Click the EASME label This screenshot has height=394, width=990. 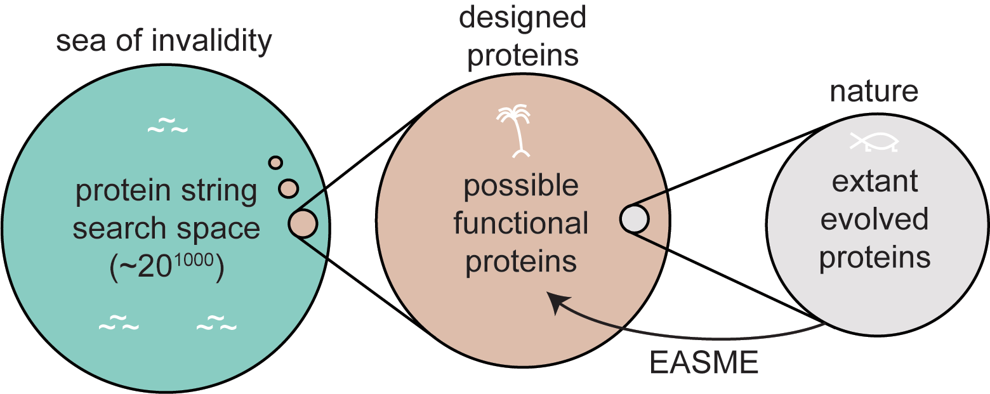[704, 364]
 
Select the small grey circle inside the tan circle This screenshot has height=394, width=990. [634, 219]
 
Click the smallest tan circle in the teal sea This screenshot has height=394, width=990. [275, 162]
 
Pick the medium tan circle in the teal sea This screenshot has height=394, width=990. [289, 188]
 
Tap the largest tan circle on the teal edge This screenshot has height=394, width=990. [303, 223]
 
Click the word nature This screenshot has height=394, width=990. [874, 92]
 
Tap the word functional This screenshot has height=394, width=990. [521, 224]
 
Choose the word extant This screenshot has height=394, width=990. [874, 182]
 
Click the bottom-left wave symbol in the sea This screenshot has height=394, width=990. [118, 326]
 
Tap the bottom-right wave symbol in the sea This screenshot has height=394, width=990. [216, 326]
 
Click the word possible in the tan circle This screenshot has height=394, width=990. [521, 187]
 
